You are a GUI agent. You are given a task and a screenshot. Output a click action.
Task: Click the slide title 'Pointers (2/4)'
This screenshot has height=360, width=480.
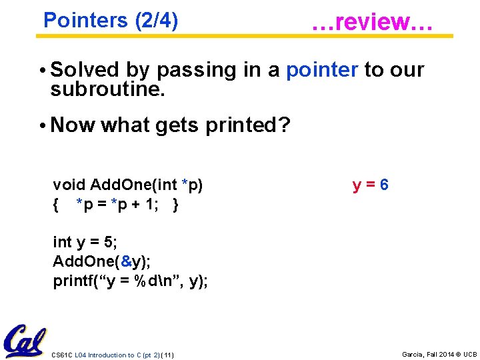pyautogui.click(x=110, y=21)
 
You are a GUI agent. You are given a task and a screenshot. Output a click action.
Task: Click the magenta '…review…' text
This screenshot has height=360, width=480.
pyautogui.click(x=373, y=21)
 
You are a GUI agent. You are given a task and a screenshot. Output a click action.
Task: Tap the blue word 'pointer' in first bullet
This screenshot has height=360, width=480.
pyautogui.click(x=322, y=69)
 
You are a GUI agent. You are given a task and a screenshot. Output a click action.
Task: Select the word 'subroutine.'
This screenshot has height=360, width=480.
pyautogui.click(x=107, y=89)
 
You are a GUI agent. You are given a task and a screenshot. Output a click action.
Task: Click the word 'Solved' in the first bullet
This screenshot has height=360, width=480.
pyautogui.click(x=85, y=69)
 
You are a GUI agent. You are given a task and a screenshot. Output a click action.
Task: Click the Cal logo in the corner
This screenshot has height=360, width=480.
pyautogui.click(x=25, y=341)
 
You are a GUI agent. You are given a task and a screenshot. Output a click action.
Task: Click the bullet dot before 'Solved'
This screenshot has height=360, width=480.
pyautogui.click(x=42, y=70)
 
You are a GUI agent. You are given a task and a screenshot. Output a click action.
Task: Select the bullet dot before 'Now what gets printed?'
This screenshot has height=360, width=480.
pyautogui.click(x=42, y=125)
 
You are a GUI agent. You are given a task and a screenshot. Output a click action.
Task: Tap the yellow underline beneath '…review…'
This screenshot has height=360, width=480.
pyautogui.click(x=373, y=37)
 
